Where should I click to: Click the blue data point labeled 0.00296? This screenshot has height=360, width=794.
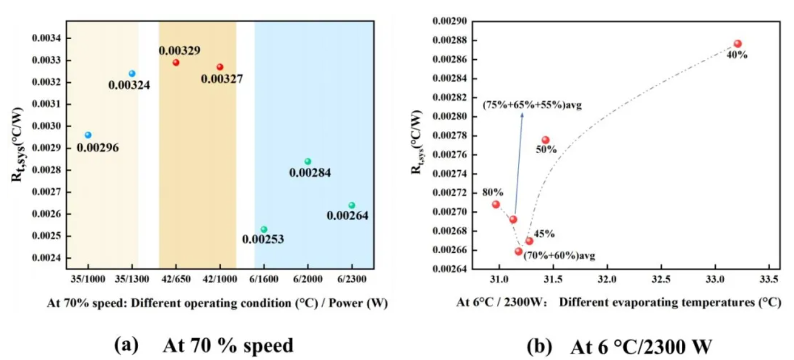pyautogui.click(x=88, y=135)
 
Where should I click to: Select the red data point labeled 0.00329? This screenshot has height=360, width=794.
pyautogui.click(x=176, y=63)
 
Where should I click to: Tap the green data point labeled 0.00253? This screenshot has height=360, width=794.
pyautogui.click(x=264, y=229)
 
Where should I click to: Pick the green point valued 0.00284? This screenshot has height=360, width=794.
pyautogui.click(x=308, y=162)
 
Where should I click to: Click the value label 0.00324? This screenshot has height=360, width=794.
pyautogui.click(x=129, y=86)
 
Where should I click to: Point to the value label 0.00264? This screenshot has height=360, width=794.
pyautogui.click(x=348, y=216)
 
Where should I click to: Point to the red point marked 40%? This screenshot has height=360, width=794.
pyautogui.click(x=738, y=44)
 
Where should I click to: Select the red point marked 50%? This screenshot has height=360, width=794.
pyautogui.click(x=545, y=140)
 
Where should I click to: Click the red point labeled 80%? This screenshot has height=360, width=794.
pyautogui.click(x=496, y=204)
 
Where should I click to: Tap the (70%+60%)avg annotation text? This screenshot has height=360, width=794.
pyautogui.click(x=559, y=255)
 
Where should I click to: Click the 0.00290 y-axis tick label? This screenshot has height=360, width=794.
pyautogui.click(x=450, y=21)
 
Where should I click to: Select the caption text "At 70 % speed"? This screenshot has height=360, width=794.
pyautogui.click(x=228, y=346)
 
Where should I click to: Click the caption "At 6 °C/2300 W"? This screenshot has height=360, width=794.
pyautogui.click(x=642, y=347)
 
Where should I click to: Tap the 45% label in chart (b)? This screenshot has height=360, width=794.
pyautogui.click(x=544, y=234)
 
